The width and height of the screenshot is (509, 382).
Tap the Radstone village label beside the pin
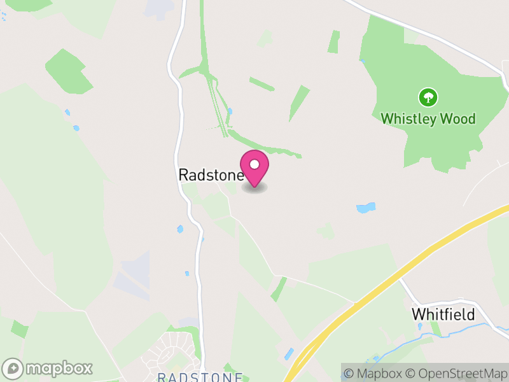210,174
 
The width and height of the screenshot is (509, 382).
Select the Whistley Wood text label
428,118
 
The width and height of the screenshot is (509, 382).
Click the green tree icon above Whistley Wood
428,97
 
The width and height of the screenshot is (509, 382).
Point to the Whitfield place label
443,314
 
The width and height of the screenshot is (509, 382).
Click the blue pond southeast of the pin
365,208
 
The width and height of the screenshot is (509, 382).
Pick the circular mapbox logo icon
13,369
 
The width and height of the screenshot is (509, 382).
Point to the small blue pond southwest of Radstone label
180,229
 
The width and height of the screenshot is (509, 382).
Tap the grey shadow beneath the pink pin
254,188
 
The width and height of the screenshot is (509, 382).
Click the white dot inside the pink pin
254,164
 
